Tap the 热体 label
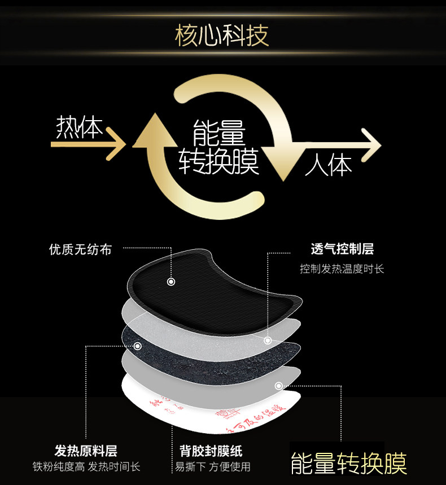80,128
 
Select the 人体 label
329,166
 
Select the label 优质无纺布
80,249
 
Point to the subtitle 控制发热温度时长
342,269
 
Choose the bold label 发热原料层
86,451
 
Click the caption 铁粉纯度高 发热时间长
86,467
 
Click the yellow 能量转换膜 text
348,463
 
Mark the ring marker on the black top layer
171,281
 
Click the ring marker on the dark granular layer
137,346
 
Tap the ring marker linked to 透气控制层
268,341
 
